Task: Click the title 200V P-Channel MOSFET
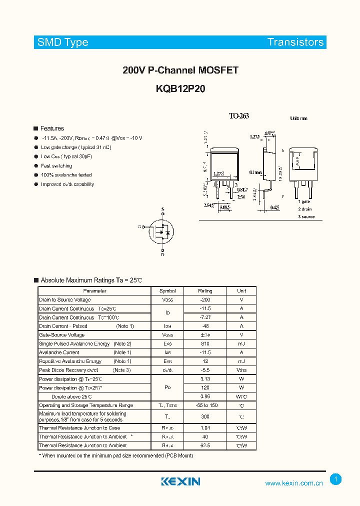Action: pyautogui.click(x=180, y=70)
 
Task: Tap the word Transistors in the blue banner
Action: pyautogui.click(x=295, y=42)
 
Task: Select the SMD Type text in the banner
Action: pyautogui.click(x=63, y=42)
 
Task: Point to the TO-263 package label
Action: pyautogui.click(x=238, y=116)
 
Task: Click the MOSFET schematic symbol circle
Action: pyautogui.click(x=163, y=232)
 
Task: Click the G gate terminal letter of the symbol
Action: pyautogui.click(x=140, y=227)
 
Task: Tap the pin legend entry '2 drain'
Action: pyautogui.click(x=305, y=208)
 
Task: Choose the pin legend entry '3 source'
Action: pyautogui.click(x=306, y=216)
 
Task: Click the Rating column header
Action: pyautogui.click(x=205, y=290)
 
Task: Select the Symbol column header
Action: pyautogui.click(x=167, y=290)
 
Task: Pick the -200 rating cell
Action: pyautogui.click(x=205, y=299)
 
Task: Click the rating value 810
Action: pyautogui.click(x=205, y=344)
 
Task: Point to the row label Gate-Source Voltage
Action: pyautogui.click(x=61, y=335)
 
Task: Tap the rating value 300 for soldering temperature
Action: pyautogui.click(x=205, y=416)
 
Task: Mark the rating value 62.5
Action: pyautogui.click(x=205, y=445)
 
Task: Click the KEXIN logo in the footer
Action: pyautogui.click(x=180, y=481)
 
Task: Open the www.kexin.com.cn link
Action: pyautogui.click(x=294, y=483)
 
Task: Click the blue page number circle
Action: pyautogui.click(x=335, y=479)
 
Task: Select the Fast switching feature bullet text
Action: pyautogui.click(x=56, y=166)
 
